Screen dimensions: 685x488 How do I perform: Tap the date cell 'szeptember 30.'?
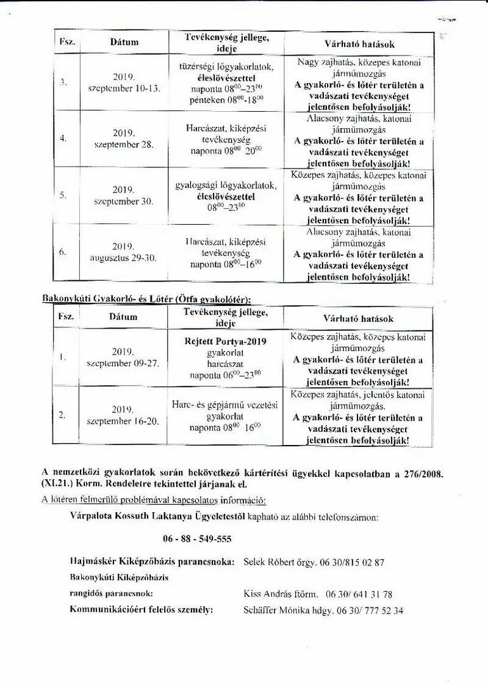click(124, 201)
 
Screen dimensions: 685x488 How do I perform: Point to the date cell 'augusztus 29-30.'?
click(123, 258)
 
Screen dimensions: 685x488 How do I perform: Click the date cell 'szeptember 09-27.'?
click(123, 363)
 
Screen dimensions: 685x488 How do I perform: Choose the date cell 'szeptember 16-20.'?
click(123, 421)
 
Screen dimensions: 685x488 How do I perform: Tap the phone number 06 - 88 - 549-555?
click(197, 540)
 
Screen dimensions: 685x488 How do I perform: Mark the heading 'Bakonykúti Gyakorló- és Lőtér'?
click(107, 299)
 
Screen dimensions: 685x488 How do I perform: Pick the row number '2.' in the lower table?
click(62, 415)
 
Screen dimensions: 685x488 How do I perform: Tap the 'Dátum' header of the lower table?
click(123, 317)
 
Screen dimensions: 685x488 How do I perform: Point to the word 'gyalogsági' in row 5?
click(197, 184)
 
